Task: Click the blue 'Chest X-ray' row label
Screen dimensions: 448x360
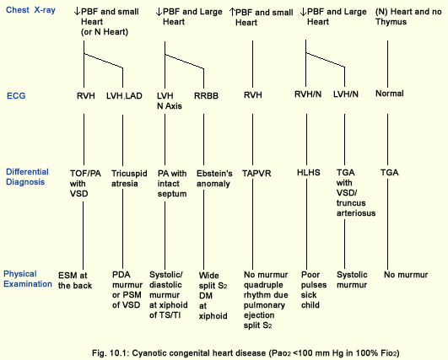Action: (30, 10)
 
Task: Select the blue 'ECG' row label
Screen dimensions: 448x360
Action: (16, 95)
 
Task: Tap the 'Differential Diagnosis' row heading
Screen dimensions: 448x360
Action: (27, 177)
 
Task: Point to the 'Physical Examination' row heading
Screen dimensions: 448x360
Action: (28, 279)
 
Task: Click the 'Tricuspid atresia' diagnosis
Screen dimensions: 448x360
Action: (129, 179)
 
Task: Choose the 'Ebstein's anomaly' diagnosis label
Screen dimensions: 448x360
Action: (214, 179)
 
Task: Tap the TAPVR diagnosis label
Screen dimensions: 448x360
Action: (256, 174)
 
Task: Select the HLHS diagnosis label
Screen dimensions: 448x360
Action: (309, 173)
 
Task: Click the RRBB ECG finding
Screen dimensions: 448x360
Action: (206, 95)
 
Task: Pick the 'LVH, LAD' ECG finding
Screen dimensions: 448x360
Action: (124, 95)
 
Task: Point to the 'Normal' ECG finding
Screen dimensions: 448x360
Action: (390, 94)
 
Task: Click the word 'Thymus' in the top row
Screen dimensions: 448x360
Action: (391, 22)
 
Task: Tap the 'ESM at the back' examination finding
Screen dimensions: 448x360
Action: (75, 281)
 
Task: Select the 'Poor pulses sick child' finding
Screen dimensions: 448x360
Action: (314, 290)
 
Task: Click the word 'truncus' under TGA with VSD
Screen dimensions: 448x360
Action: (351, 203)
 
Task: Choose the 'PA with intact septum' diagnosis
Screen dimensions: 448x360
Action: (172, 184)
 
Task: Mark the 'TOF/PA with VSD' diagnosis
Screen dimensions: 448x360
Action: (85, 184)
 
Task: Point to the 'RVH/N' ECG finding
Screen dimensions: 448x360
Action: (308, 94)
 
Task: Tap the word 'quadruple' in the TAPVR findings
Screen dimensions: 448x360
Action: (263, 285)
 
